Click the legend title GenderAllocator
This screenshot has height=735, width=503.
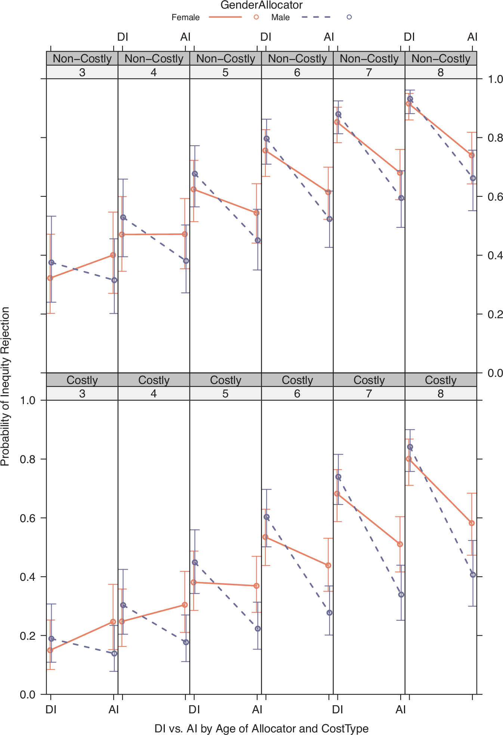(x=261, y=5)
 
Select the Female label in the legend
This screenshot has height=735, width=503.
(x=185, y=18)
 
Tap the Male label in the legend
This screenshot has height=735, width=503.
(x=280, y=18)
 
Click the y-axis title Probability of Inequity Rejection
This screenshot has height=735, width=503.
(x=5, y=387)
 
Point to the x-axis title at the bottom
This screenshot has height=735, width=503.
(x=261, y=729)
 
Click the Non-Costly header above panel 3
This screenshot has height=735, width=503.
(x=82, y=59)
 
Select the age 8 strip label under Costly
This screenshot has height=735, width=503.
(x=441, y=394)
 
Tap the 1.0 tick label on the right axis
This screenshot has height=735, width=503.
(x=495, y=79)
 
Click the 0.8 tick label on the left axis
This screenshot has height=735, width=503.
(x=27, y=459)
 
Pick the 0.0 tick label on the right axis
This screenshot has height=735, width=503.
(x=495, y=373)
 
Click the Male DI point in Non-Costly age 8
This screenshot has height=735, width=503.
(x=410, y=99)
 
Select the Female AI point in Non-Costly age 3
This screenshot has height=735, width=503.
(x=113, y=255)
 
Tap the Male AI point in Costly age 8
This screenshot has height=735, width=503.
(x=473, y=575)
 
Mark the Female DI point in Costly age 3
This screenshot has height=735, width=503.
(x=50, y=650)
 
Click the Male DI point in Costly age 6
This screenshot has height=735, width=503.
(x=266, y=517)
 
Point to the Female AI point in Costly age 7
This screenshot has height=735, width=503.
(x=400, y=544)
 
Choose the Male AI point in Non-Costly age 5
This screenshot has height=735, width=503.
(x=257, y=240)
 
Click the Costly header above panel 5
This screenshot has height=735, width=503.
(x=225, y=380)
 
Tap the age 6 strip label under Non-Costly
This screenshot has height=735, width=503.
(x=297, y=72)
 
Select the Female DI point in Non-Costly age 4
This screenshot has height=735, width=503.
(x=122, y=235)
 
